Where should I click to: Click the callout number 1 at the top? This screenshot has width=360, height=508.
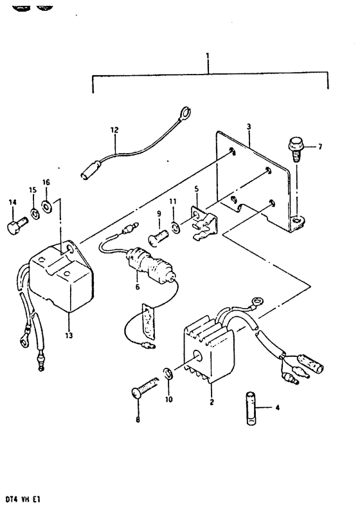208,56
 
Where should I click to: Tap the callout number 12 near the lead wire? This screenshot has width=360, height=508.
114,130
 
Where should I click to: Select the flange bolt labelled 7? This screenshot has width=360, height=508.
295,150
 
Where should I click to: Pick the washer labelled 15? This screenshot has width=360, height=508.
35,213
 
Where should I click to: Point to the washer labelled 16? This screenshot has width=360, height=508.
46,206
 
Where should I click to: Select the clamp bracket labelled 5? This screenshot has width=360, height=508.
205,221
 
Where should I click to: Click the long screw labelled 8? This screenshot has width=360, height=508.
145,388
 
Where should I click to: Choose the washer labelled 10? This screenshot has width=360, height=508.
168,373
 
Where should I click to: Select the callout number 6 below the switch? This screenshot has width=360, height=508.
138,287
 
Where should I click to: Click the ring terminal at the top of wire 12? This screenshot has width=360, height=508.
185,113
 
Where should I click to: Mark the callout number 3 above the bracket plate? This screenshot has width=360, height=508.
249,127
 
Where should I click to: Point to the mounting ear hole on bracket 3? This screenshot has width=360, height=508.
296,221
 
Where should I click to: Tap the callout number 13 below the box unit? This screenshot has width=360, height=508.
69,335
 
